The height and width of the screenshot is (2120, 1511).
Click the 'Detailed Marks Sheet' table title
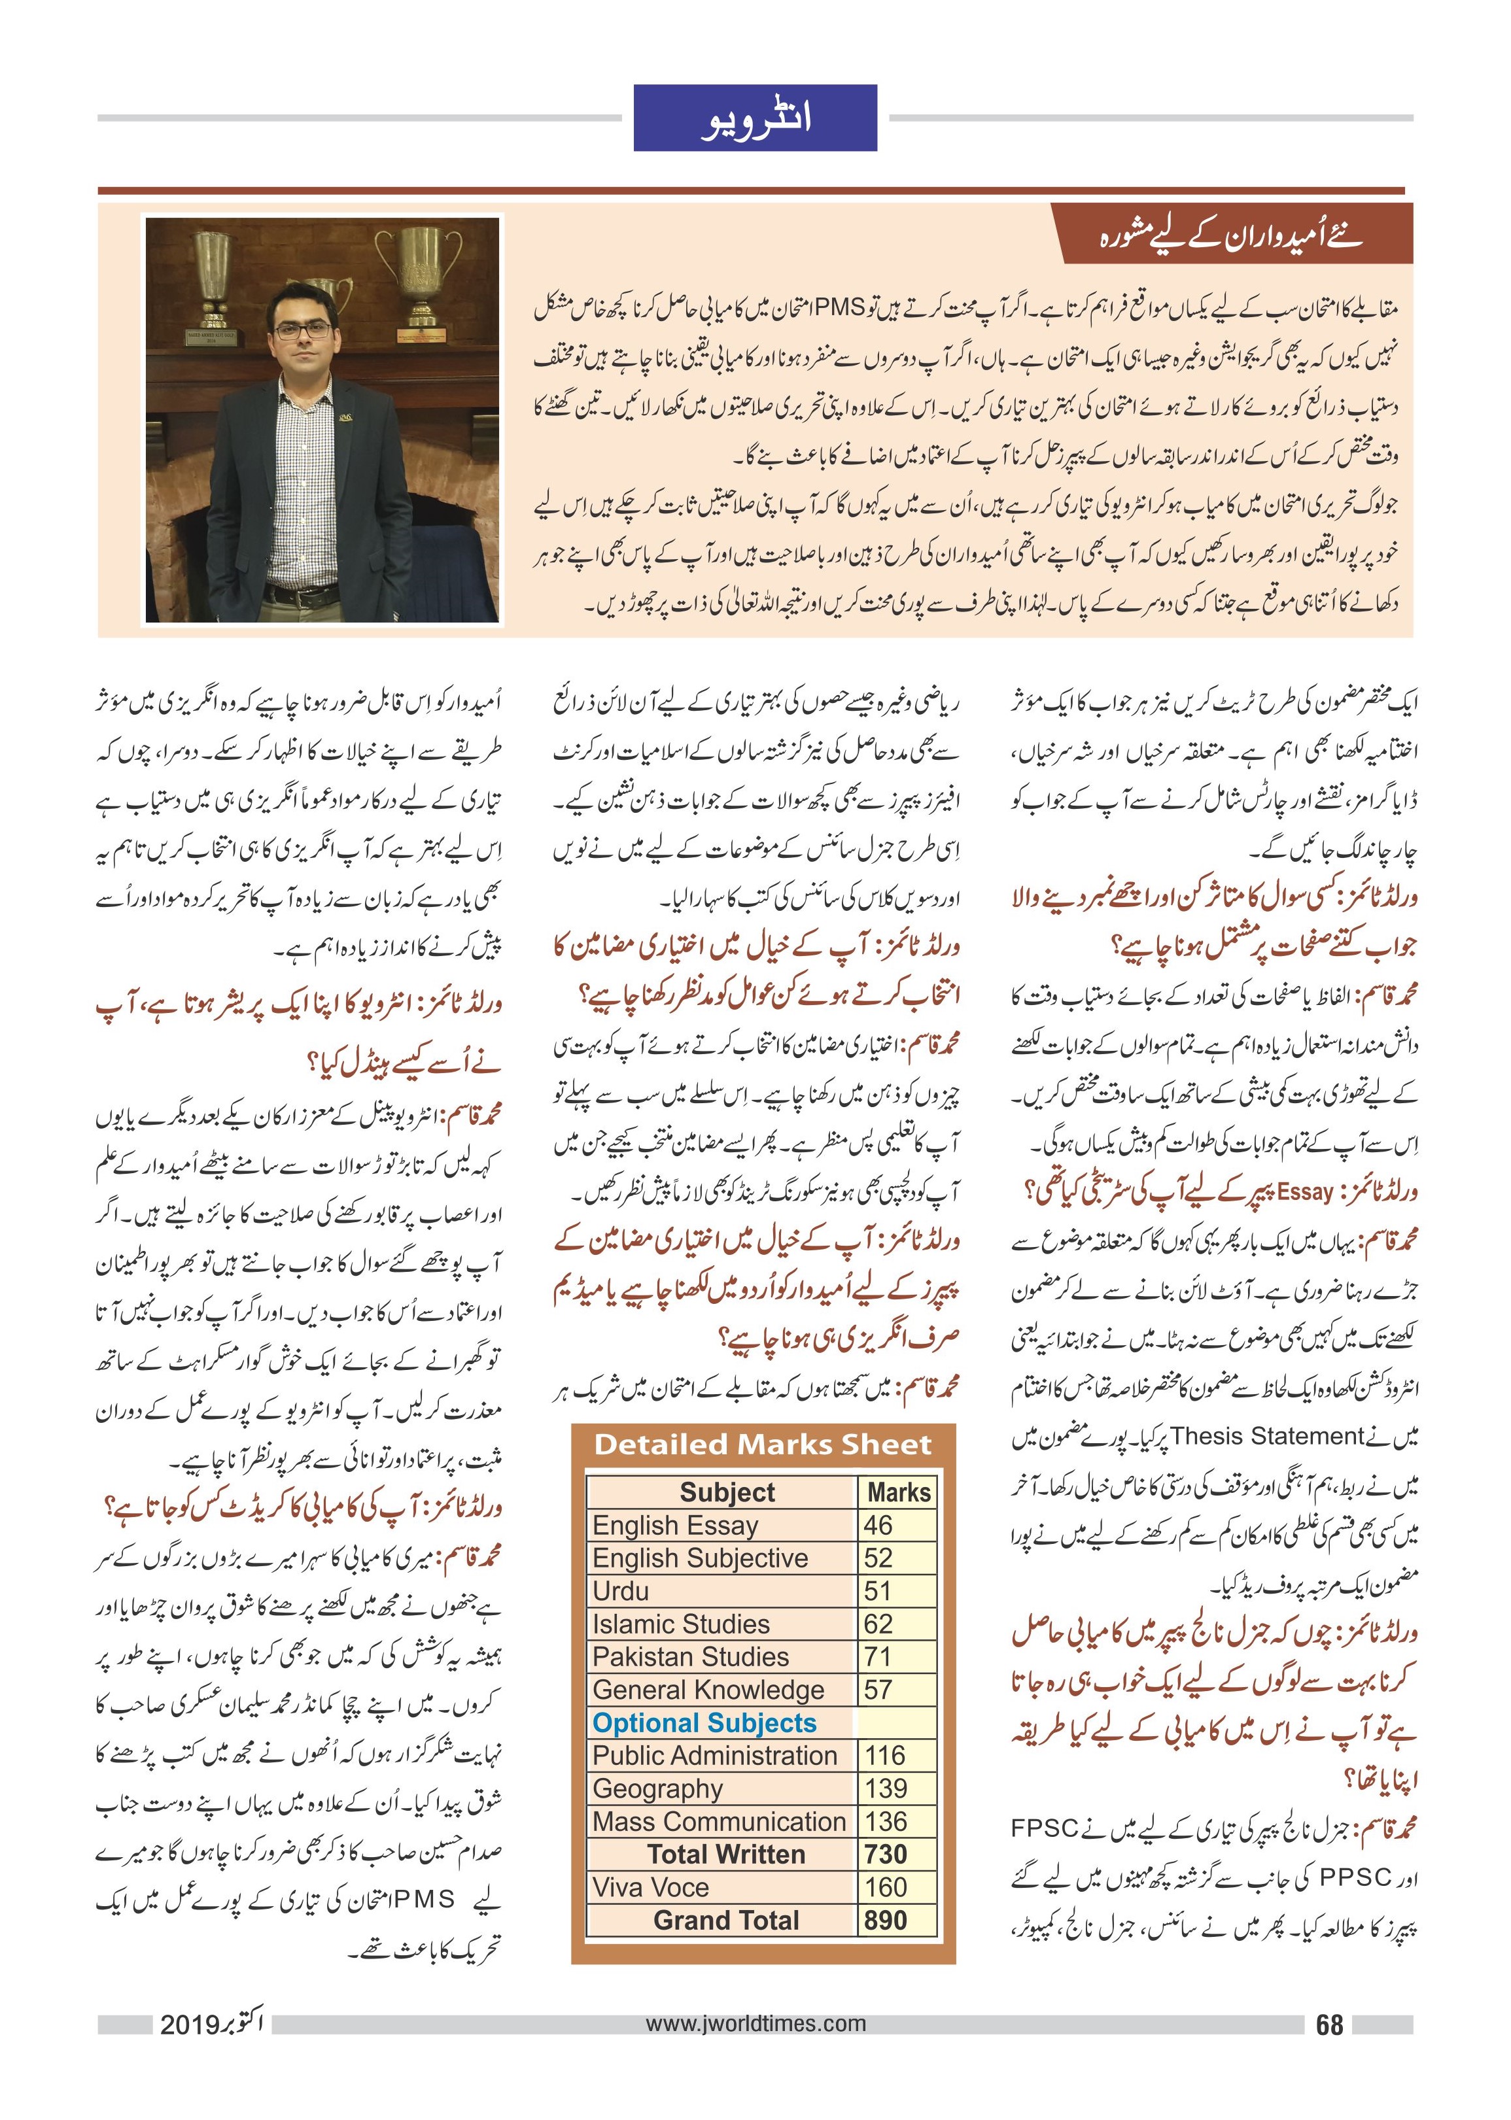point(762,1445)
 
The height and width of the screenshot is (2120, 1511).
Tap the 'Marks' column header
point(898,1492)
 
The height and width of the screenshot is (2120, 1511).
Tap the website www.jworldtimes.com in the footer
point(755,2023)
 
